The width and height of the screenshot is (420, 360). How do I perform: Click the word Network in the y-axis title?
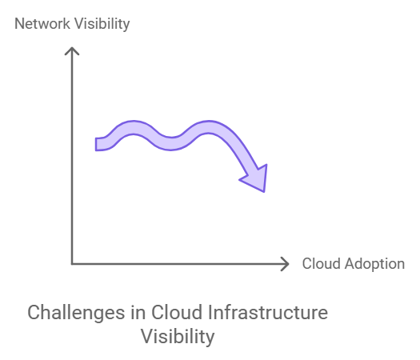coord(40,23)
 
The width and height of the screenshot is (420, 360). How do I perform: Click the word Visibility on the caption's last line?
coord(178,337)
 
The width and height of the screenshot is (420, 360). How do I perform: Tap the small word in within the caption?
coord(138,312)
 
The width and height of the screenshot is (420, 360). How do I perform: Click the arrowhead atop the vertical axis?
coord(72,50)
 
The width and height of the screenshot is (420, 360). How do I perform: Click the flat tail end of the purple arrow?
coord(98,144)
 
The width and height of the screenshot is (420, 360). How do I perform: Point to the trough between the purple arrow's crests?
coord(170,142)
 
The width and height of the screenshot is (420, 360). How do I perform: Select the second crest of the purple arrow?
coord(210,129)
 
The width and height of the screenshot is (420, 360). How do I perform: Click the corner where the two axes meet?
coord(72,263)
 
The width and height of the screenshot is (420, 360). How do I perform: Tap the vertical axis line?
coord(72,160)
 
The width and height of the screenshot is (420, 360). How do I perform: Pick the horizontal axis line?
coord(176,263)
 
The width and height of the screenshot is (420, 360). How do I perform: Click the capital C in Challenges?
coord(34,312)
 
